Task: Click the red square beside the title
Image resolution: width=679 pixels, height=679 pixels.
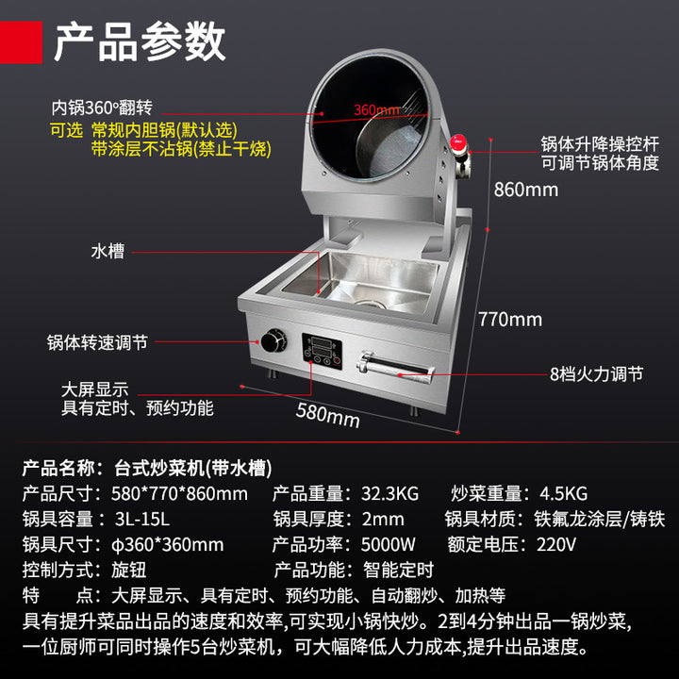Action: coord(21,42)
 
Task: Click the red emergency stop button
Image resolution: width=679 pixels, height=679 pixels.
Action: coord(458,142)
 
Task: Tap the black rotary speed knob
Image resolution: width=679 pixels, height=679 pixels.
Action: coord(273,340)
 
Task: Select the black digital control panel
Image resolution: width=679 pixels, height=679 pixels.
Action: coord(322,351)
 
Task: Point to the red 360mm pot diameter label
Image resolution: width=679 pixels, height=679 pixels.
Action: coord(376,110)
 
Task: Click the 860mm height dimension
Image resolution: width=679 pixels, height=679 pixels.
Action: coord(525,190)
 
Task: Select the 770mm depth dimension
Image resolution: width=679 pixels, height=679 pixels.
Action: coord(510,320)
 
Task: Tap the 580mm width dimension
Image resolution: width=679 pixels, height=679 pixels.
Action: coord(328,416)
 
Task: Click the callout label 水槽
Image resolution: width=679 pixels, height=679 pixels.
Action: coord(108,251)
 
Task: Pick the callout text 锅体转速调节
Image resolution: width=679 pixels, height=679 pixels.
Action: coord(97,342)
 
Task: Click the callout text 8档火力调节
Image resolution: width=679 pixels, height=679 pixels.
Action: coord(596,374)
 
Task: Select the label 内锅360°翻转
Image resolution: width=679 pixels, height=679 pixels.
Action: coord(102,108)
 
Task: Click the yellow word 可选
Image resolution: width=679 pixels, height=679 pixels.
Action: coord(66,130)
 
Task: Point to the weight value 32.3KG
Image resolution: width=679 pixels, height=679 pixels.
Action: coord(389,493)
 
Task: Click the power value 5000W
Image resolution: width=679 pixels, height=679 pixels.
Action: coord(388,545)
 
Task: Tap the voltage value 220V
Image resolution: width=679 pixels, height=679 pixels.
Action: coord(556,545)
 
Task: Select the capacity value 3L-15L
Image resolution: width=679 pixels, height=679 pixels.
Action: coord(142,520)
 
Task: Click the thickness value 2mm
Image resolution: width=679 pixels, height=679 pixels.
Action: coord(383,520)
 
